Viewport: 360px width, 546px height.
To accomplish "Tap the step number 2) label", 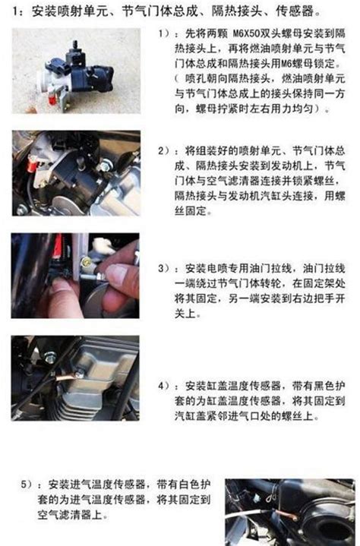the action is click(x=163, y=151).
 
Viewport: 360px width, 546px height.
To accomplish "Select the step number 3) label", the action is click(x=163, y=269).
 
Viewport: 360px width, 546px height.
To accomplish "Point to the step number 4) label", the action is click(x=163, y=386).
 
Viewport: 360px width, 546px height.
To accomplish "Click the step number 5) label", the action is click(x=26, y=484).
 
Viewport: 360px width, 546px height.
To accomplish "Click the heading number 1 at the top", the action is click(x=15, y=12).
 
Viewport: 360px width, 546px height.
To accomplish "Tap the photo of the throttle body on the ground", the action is click(x=76, y=71).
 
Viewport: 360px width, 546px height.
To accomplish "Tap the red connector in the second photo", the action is click(x=32, y=163).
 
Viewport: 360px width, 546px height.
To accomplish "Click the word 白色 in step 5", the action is click(x=188, y=484).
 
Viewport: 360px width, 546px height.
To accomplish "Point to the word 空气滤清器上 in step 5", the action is click(x=70, y=514).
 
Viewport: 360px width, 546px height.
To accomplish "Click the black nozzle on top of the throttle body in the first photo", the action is click(x=74, y=47).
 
